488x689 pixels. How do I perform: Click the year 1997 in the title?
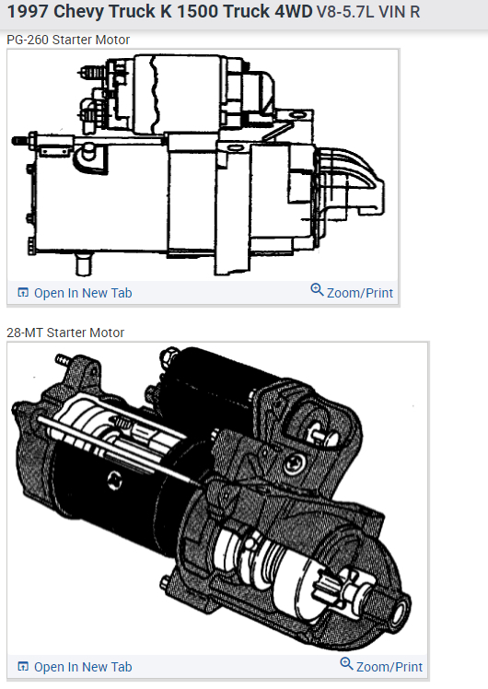pyautogui.click(x=28, y=11)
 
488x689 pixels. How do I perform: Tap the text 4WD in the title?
pyautogui.click(x=294, y=11)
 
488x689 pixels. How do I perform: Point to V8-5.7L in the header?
pyautogui.click(x=345, y=12)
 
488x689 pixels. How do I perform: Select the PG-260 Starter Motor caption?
pyautogui.click(x=68, y=40)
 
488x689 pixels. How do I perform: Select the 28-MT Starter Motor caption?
pyautogui.click(x=65, y=333)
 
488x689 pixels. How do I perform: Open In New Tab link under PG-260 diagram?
pyautogui.click(x=83, y=293)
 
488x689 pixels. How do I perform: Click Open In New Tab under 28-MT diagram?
pyautogui.click(x=83, y=667)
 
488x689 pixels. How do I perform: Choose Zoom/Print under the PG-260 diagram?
pyautogui.click(x=360, y=293)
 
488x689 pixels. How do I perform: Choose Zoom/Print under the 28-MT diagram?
pyautogui.click(x=389, y=667)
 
